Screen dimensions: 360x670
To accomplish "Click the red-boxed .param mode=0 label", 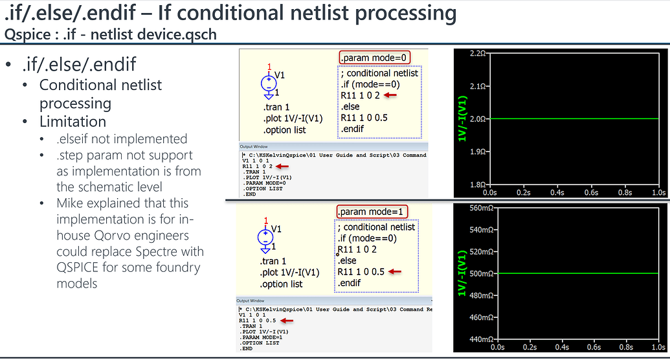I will coord(374,58).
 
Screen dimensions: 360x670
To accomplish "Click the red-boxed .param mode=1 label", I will coord(373,212).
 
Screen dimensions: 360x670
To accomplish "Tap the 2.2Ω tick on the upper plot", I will coord(476,53).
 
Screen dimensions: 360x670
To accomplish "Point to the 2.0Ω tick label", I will coord(476,119).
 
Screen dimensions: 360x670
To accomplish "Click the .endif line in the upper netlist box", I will coord(352,129).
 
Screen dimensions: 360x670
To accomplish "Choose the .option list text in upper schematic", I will coord(284,130).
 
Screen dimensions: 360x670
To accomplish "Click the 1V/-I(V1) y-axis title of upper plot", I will coord(462,119).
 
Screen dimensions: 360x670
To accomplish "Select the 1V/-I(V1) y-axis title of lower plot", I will coord(462,274).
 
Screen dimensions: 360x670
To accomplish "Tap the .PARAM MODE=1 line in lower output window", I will coord(262,337).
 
